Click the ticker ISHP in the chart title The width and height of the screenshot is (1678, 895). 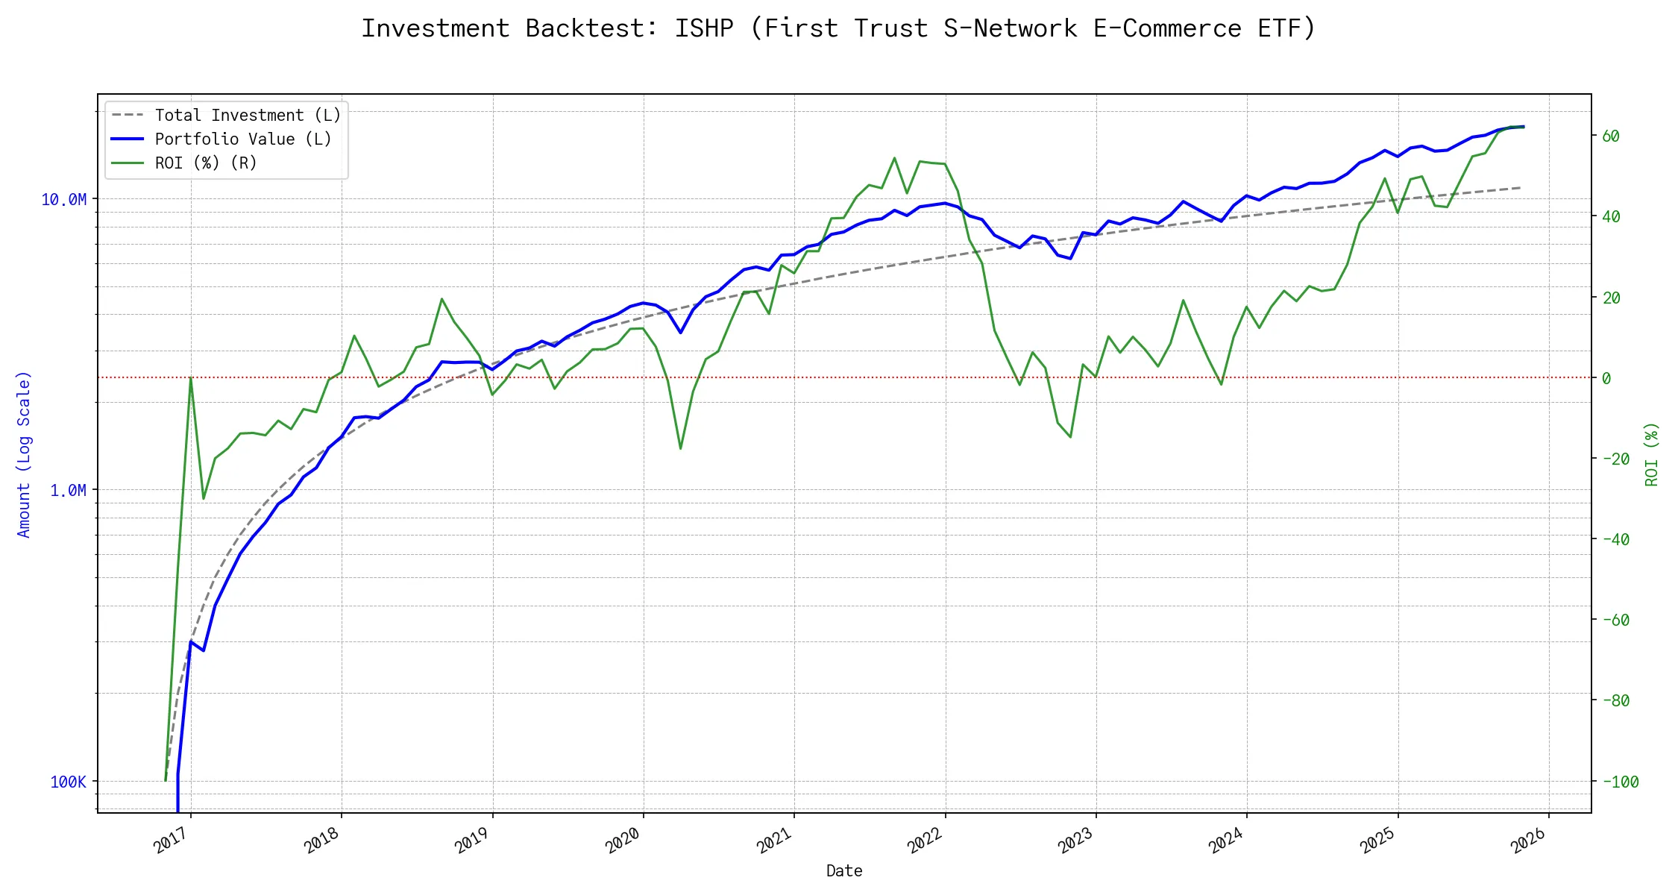pos(704,28)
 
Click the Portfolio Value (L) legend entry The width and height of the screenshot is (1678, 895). pos(243,139)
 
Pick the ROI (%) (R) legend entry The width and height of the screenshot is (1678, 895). pos(206,163)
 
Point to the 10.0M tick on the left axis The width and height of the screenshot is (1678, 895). pos(64,200)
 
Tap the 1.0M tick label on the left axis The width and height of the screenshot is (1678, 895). pos(68,491)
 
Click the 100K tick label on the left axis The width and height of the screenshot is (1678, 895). pos(68,782)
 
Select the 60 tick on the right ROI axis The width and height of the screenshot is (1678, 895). pos(1611,136)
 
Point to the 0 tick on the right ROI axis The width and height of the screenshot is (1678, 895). pos(1606,379)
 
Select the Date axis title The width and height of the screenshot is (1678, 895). pos(844,871)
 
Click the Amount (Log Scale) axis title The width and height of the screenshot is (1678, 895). pos(24,454)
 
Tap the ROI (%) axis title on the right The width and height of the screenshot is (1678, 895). pos(1652,454)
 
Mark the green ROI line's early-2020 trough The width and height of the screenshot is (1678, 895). pos(681,448)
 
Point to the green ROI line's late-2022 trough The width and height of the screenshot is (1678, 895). pos(1071,436)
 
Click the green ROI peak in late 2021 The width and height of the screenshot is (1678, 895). pos(894,158)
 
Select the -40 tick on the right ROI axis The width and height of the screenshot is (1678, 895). pos(1615,540)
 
